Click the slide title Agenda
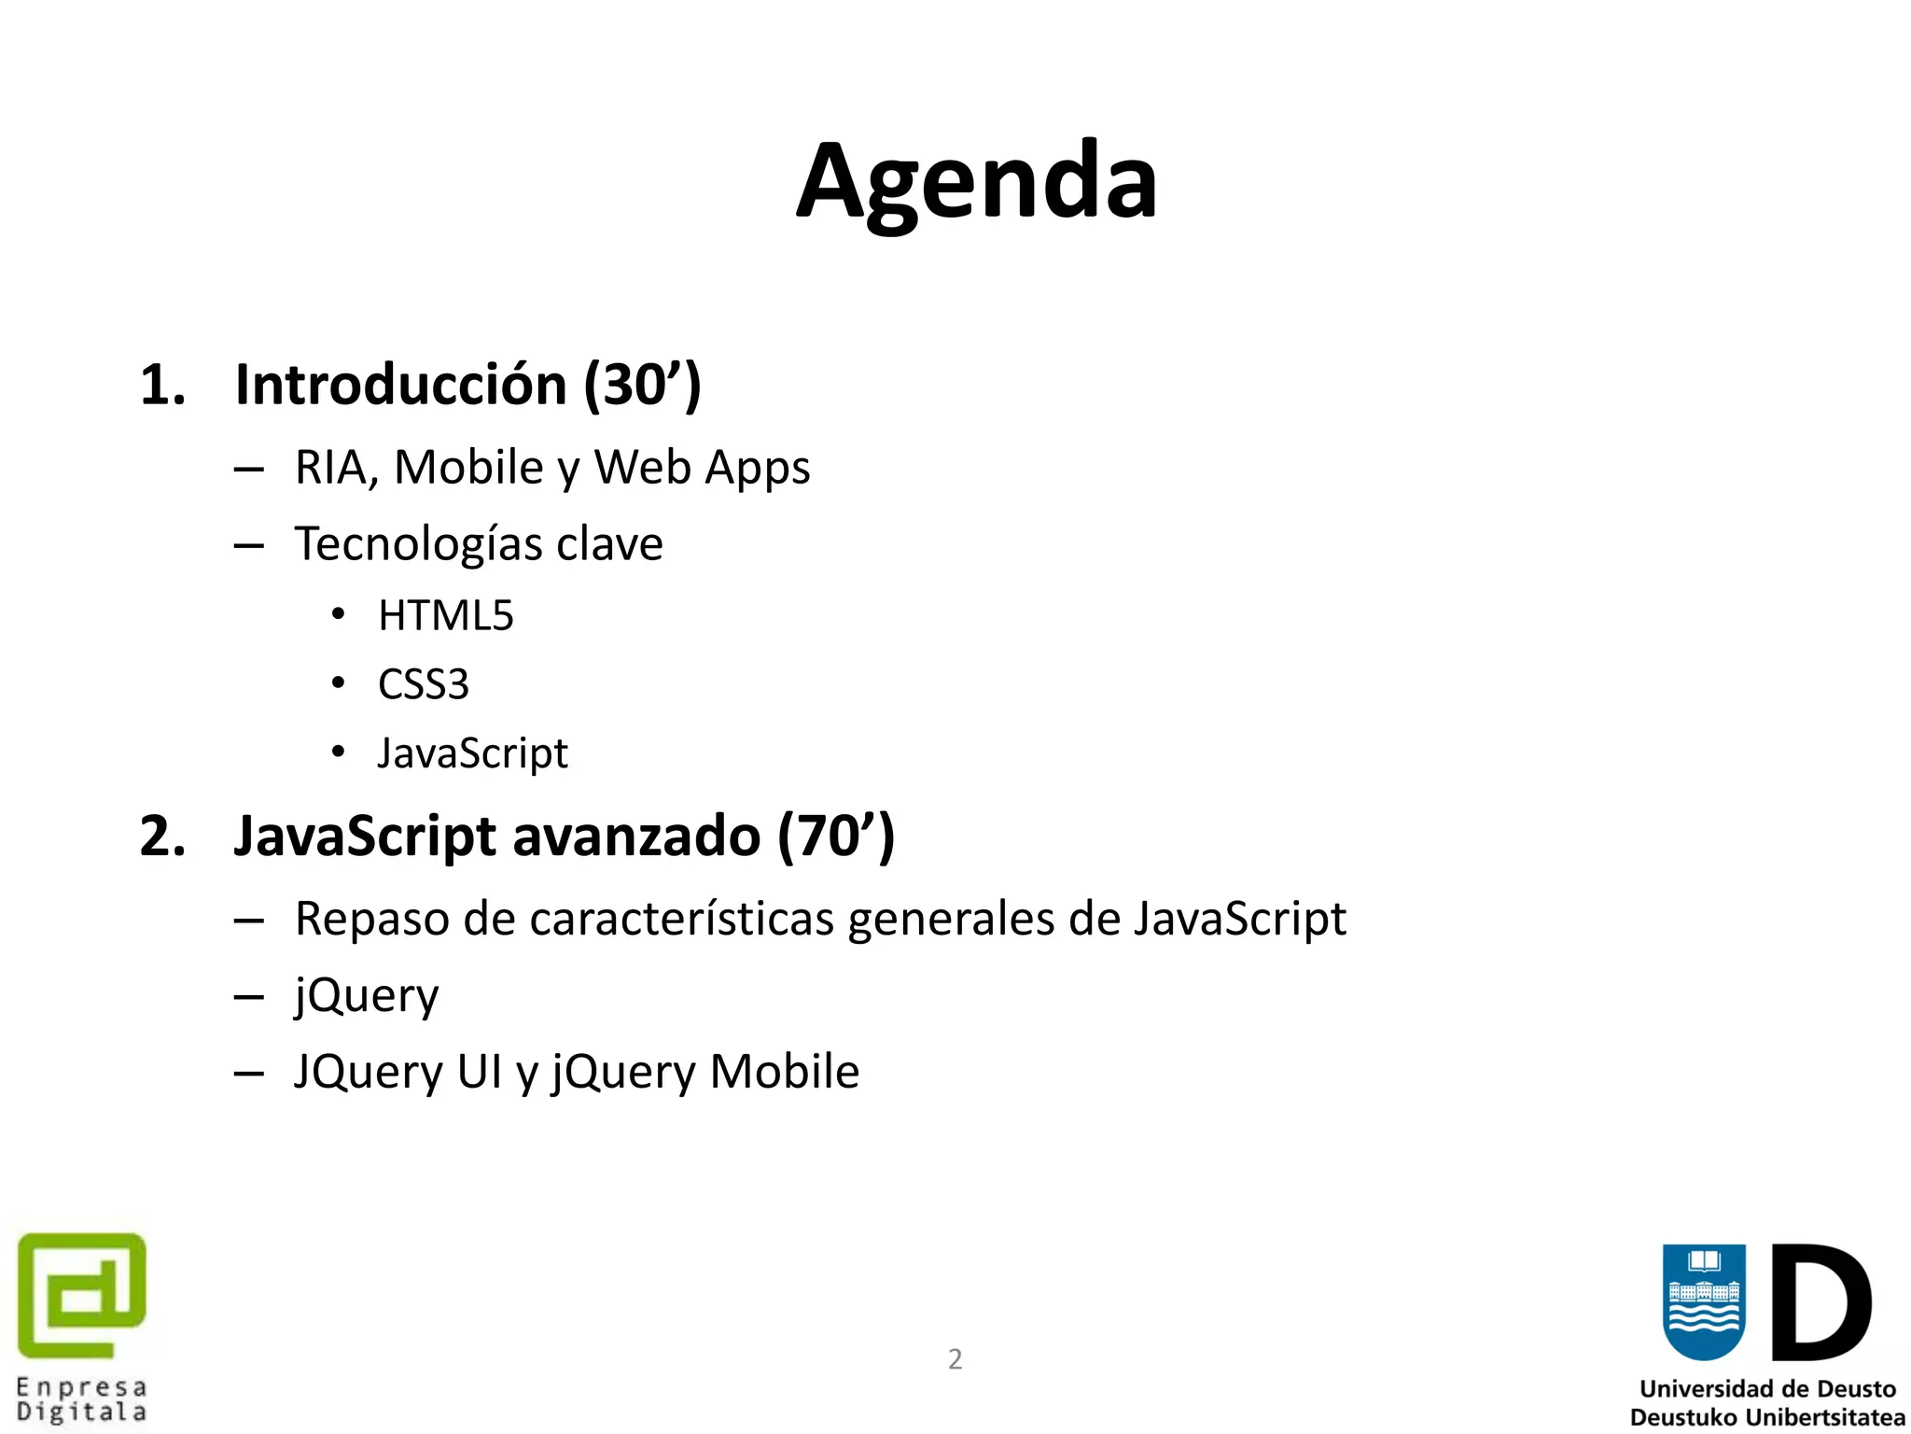coord(976,182)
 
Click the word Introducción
coord(400,385)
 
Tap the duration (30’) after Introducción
coord(642,385)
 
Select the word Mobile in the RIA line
coord(468,467)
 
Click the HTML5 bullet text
coord(445,616)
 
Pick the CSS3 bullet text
coord(423,684)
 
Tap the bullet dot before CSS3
coord(339,683)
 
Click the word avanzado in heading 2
coord(636,836)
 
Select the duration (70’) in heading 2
coord(836,836)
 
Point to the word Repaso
coord(370,920)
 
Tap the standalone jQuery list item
coord(366,996)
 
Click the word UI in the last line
coord(480,1072)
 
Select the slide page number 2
coord(955,1358)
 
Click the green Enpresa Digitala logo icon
coord(82,1295)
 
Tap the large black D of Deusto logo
coord(1820,1302)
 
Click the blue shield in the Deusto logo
coord(1704,1301)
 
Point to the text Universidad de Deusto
coord(1767,1389)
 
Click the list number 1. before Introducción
coord(162,385)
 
